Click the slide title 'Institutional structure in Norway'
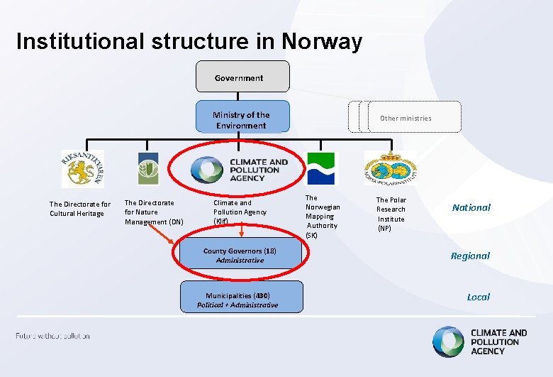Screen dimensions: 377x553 [189, 41]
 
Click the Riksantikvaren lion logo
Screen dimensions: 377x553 [82, 169]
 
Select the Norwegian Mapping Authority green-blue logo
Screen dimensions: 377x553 [322, 168]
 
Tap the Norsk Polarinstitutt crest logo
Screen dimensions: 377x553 [391, 170]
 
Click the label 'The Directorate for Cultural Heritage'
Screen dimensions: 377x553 [80, 209]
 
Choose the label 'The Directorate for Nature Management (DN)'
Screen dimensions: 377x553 [154, 212]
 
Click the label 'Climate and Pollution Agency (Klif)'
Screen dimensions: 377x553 [240, 212]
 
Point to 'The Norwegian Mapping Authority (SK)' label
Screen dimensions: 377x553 [323, 216]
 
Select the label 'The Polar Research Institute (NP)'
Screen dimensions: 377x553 [391, 214]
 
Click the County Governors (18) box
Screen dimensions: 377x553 [240, 256]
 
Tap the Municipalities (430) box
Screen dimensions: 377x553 [242, 300]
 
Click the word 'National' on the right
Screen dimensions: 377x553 [471, 208]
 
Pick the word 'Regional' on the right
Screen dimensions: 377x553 [470, 256]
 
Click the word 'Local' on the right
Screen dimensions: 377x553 [478, 297]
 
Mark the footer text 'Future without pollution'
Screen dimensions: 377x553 [53, 335]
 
